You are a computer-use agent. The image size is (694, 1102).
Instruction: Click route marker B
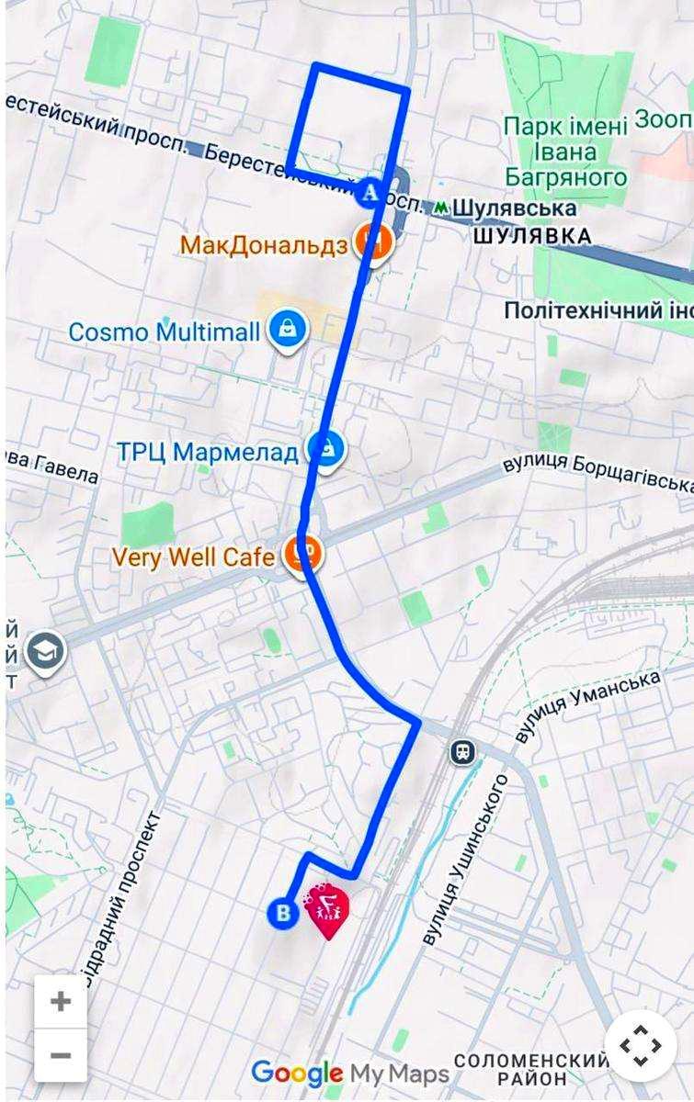point(282,913)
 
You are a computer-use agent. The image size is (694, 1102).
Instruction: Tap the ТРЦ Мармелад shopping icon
point(325,449)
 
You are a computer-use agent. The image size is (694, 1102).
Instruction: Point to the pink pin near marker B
point(328,908)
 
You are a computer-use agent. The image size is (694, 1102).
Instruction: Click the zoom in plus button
point(61,1001)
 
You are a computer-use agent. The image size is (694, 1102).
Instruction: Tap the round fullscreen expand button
point(640,1045)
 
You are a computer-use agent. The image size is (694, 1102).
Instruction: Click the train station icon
point(463,753)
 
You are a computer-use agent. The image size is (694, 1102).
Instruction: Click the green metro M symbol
point(443,208)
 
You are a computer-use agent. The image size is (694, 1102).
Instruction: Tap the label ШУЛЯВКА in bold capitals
point(531,236)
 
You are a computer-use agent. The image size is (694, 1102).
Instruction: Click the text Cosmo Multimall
point(165,332)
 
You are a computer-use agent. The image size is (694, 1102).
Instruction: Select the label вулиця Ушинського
point(464,860)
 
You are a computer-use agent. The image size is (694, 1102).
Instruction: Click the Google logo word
point(296,1073)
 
